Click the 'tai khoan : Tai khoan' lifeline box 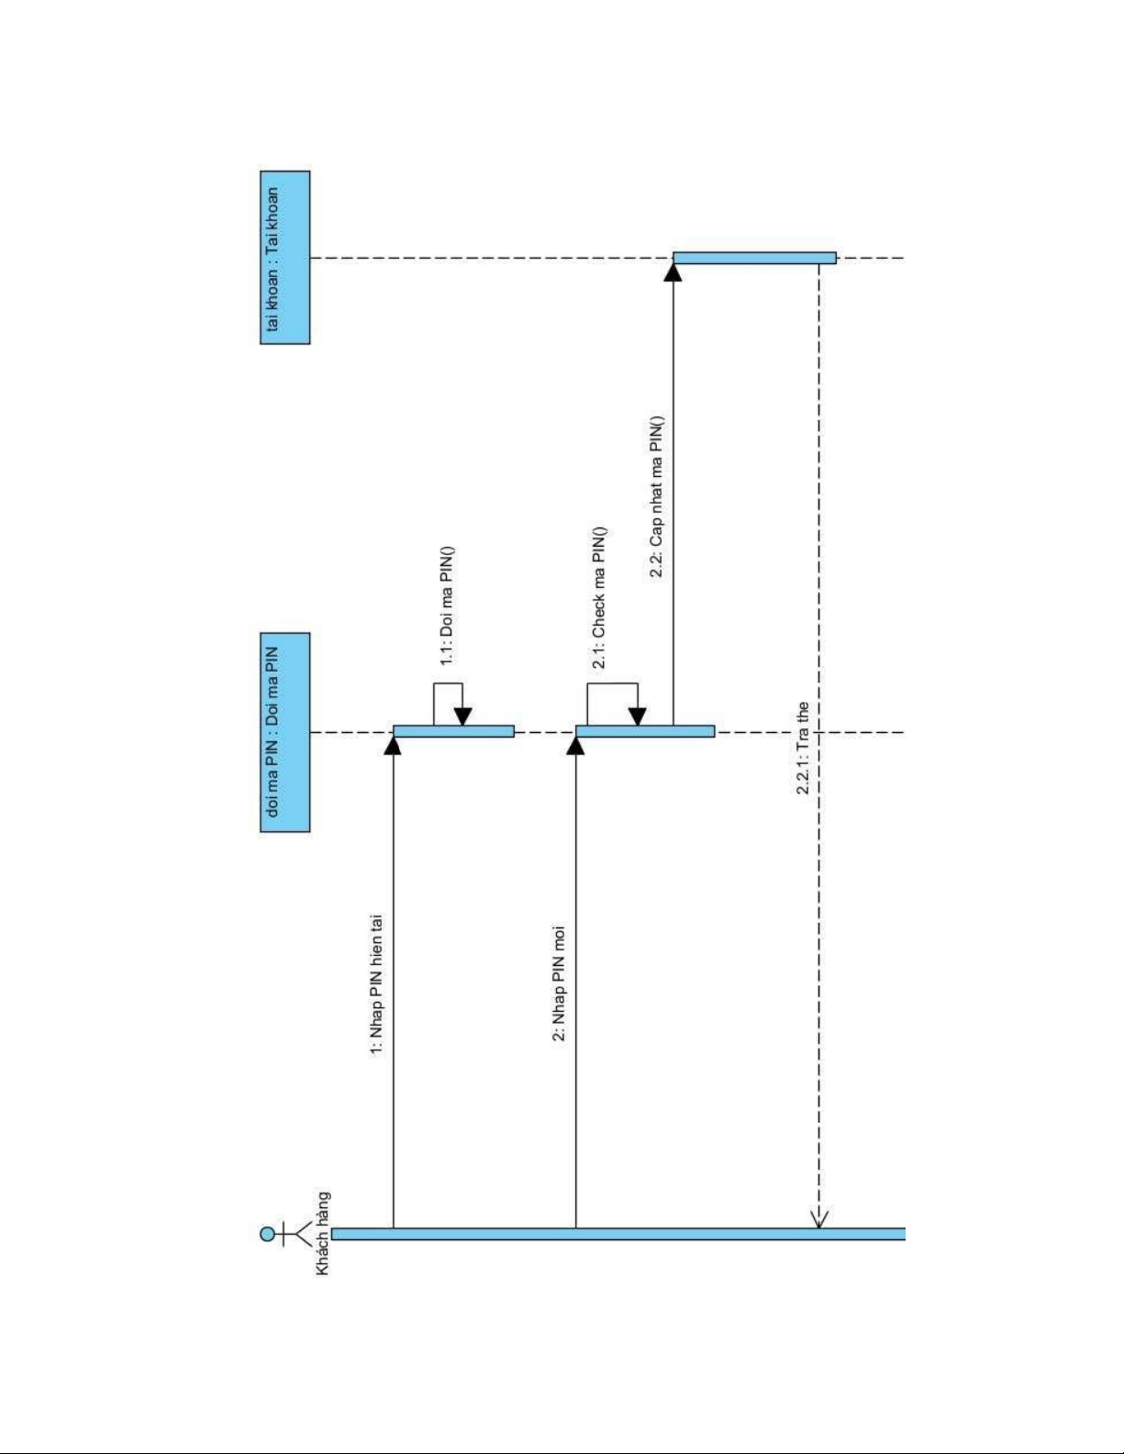(285, 258)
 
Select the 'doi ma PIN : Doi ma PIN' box (285, 732)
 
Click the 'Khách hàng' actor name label (322, 1233)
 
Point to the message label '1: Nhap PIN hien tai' (377, 985)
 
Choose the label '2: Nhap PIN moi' (559, 983)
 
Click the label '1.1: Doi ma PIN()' (447, 606)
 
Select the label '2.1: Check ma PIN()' (599, 598)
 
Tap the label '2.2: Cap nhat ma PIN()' (656, 496)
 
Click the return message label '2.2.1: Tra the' (802, 748)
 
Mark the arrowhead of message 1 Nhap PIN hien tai (393, 746)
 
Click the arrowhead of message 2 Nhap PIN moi (575, 746)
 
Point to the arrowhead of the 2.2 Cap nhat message (673, 272)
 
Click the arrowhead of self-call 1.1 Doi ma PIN (462, 716)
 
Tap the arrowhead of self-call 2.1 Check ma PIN (638, 716)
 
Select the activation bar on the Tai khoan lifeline (754, 258)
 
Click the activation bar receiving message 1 (453, 731)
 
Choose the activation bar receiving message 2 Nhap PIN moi (645, 731)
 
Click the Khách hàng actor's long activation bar (618, 1234)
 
